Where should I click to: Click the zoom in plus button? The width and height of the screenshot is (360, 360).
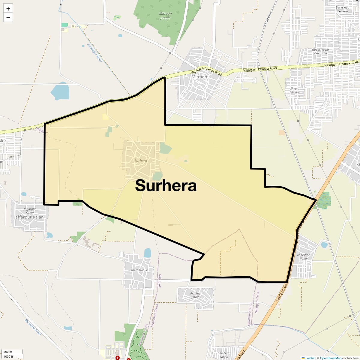click(x=8, y=8)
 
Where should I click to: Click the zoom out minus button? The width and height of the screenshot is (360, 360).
click(x=8, y=18)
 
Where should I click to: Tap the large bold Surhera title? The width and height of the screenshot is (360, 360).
click(x=166, y=186)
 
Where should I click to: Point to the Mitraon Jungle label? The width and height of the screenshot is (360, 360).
click(x=165, y=16)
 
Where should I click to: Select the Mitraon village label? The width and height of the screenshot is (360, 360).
click(x=199, y=77)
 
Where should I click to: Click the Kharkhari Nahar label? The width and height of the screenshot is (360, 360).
click(x=304, y=256)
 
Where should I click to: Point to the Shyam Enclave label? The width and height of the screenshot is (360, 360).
click(x=295, y=90)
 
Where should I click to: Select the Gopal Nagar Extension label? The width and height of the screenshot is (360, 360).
click(x=320, y=51)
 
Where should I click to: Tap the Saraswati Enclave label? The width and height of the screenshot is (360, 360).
click(x=342, y=9)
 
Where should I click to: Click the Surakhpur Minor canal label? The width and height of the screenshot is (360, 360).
click(x=95, y=53)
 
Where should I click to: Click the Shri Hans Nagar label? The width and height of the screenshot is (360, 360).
click(x=224, y=355)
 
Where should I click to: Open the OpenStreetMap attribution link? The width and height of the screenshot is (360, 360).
click(x=330, y=358)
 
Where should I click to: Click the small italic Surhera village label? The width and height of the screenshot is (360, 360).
click(x=141, y=161)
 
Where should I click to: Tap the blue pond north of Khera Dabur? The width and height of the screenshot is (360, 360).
click(x=147, y=253)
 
